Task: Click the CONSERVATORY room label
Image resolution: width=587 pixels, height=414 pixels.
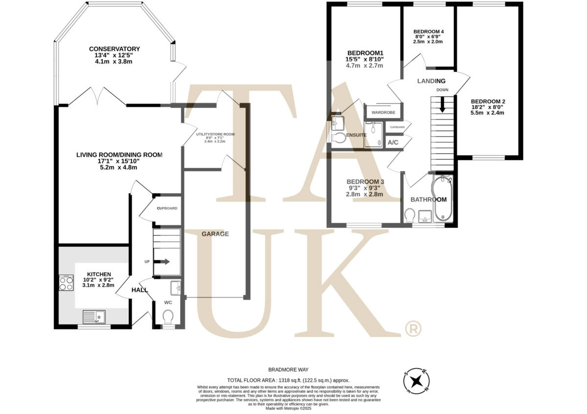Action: [114, 49]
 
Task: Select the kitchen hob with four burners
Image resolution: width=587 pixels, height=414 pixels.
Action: [66, 283]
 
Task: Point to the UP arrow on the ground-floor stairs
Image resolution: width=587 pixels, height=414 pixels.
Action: [164, 262]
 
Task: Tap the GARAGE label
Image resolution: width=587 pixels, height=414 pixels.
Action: [215, 234]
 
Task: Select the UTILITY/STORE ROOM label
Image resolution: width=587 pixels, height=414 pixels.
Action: [215, 134]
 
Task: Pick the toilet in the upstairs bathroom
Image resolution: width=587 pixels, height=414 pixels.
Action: [410, 215]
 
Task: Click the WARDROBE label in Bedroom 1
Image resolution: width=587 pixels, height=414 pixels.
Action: [383, 112]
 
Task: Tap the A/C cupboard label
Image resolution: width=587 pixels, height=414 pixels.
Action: [393, 143]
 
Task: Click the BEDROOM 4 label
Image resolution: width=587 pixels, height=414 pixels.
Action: [428, 32]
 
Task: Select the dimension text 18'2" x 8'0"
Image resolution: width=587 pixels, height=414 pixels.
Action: [487, 106]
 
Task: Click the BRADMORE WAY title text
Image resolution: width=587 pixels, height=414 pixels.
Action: [288, 370]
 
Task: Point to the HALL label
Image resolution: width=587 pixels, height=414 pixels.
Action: [139, 290]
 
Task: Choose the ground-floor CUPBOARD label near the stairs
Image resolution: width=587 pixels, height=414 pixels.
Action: [167, 208]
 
